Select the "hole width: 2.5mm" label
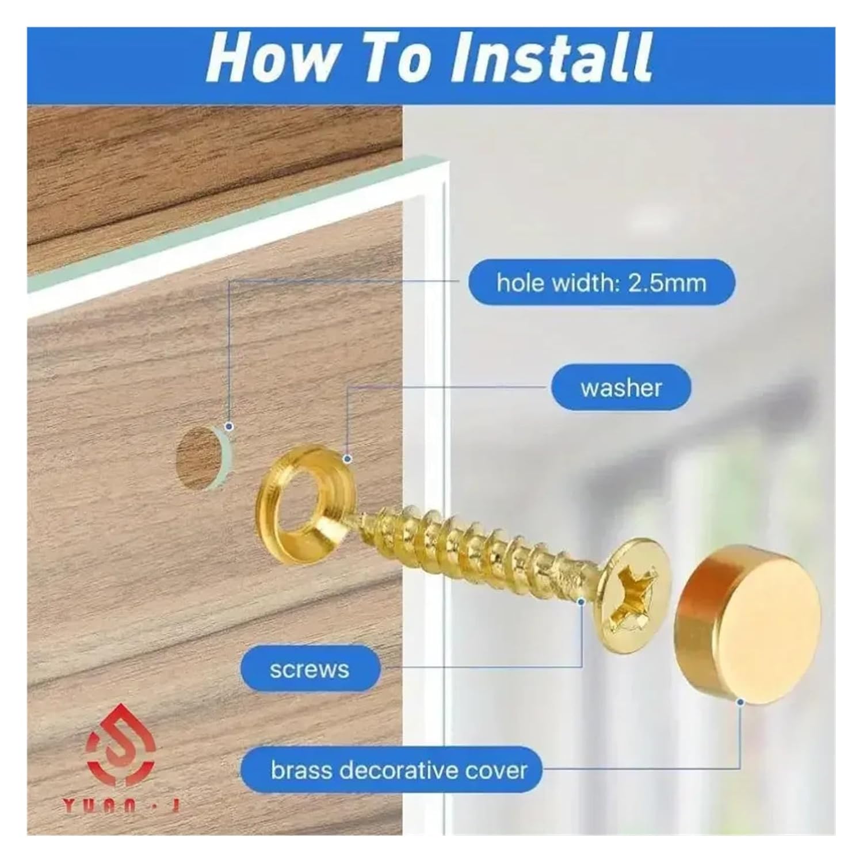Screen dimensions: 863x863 (601, 282)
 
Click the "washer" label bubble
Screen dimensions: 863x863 (621, 388)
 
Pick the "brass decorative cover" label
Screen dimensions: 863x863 (399, 770)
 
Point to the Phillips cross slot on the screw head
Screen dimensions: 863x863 (633, 593)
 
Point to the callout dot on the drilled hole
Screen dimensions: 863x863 (229, 426)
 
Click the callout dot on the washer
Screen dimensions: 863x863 (347, 459)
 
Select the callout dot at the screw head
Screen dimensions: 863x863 (582, 602)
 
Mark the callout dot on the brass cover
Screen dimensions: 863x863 (740, 702)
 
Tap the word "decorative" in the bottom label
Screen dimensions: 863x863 (404, 770)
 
